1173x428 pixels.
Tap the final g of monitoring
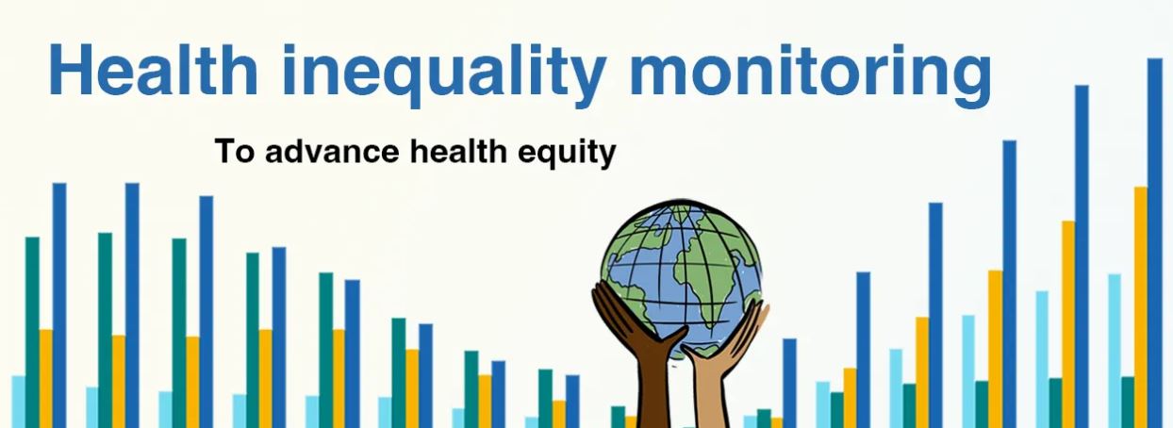966,81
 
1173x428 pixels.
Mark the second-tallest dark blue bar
1082,255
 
